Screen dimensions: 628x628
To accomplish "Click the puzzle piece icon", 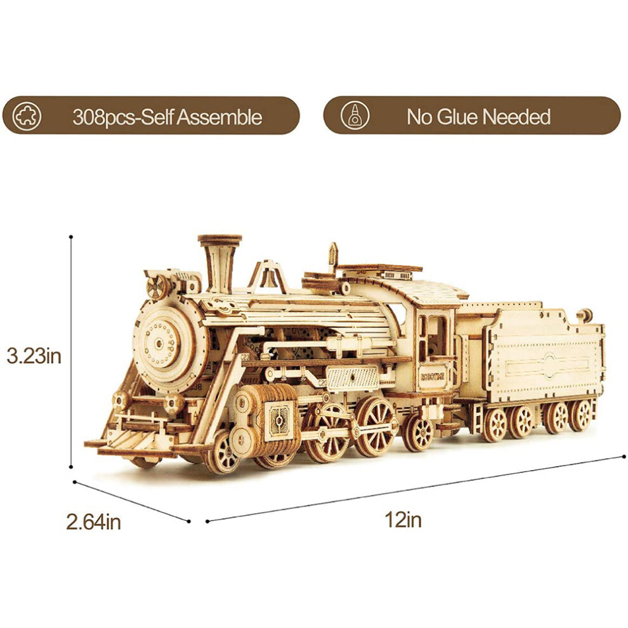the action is [27, 116].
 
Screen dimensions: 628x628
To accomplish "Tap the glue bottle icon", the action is [355, 115].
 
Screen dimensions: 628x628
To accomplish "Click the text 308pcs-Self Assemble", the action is [167, 117].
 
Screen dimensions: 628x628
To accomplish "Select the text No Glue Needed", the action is [478, 117].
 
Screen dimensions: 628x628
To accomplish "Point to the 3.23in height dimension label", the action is [34, 356].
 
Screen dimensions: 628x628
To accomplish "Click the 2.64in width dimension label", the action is [93, 522].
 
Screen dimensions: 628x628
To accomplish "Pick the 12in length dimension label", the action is [403, 520].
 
